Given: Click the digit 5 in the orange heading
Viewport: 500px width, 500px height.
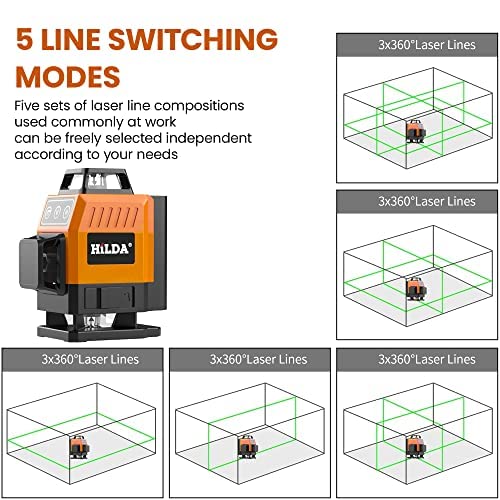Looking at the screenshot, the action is pyautogui.click(x=25, y=39).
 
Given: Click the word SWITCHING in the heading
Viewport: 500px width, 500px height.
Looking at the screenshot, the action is pyautogui.click(x=193, y=39).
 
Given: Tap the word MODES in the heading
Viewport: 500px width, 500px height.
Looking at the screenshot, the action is pyautogui.click(x=68, y=77).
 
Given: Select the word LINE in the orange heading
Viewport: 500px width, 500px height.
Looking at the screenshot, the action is pyautogui.click(x=71, y=39).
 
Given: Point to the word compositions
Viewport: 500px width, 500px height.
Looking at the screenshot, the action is pyautogui.click(x=199, y=106).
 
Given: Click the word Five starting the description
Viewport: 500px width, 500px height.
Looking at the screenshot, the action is pyautogui.click(x=26, y=106).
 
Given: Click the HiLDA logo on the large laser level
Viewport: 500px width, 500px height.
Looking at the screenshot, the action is pyautogui.click(x=111, y=249).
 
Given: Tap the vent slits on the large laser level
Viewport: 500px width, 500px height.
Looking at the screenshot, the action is pyautogui.click(x=114, y=217).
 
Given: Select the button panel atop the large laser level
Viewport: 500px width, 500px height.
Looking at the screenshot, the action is pyautogui.click(x=57, y=211).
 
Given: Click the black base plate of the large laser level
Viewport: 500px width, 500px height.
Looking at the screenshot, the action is pyautogui.click(x=99, y=332).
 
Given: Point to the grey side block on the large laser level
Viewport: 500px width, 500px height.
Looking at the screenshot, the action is pyautogui.click(x=29, y=263).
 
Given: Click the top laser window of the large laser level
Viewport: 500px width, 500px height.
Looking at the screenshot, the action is pyautogui.click(x=96, y=180).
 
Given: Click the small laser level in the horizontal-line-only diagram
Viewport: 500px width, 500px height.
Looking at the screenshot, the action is pyautogui.click(x=79, y=447).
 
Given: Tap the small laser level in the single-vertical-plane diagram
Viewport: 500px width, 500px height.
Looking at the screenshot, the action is pyautogui.click(x=248, y=447).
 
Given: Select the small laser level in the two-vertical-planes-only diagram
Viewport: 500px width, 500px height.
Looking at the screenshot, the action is pyautogui.click(x=416, y=447).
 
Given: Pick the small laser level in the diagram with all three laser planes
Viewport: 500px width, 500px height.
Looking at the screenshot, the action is pyautogui.click(x=416, y=131).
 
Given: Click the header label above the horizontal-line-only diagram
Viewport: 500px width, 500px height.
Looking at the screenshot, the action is pyautogui.click(x=90, y=359).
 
